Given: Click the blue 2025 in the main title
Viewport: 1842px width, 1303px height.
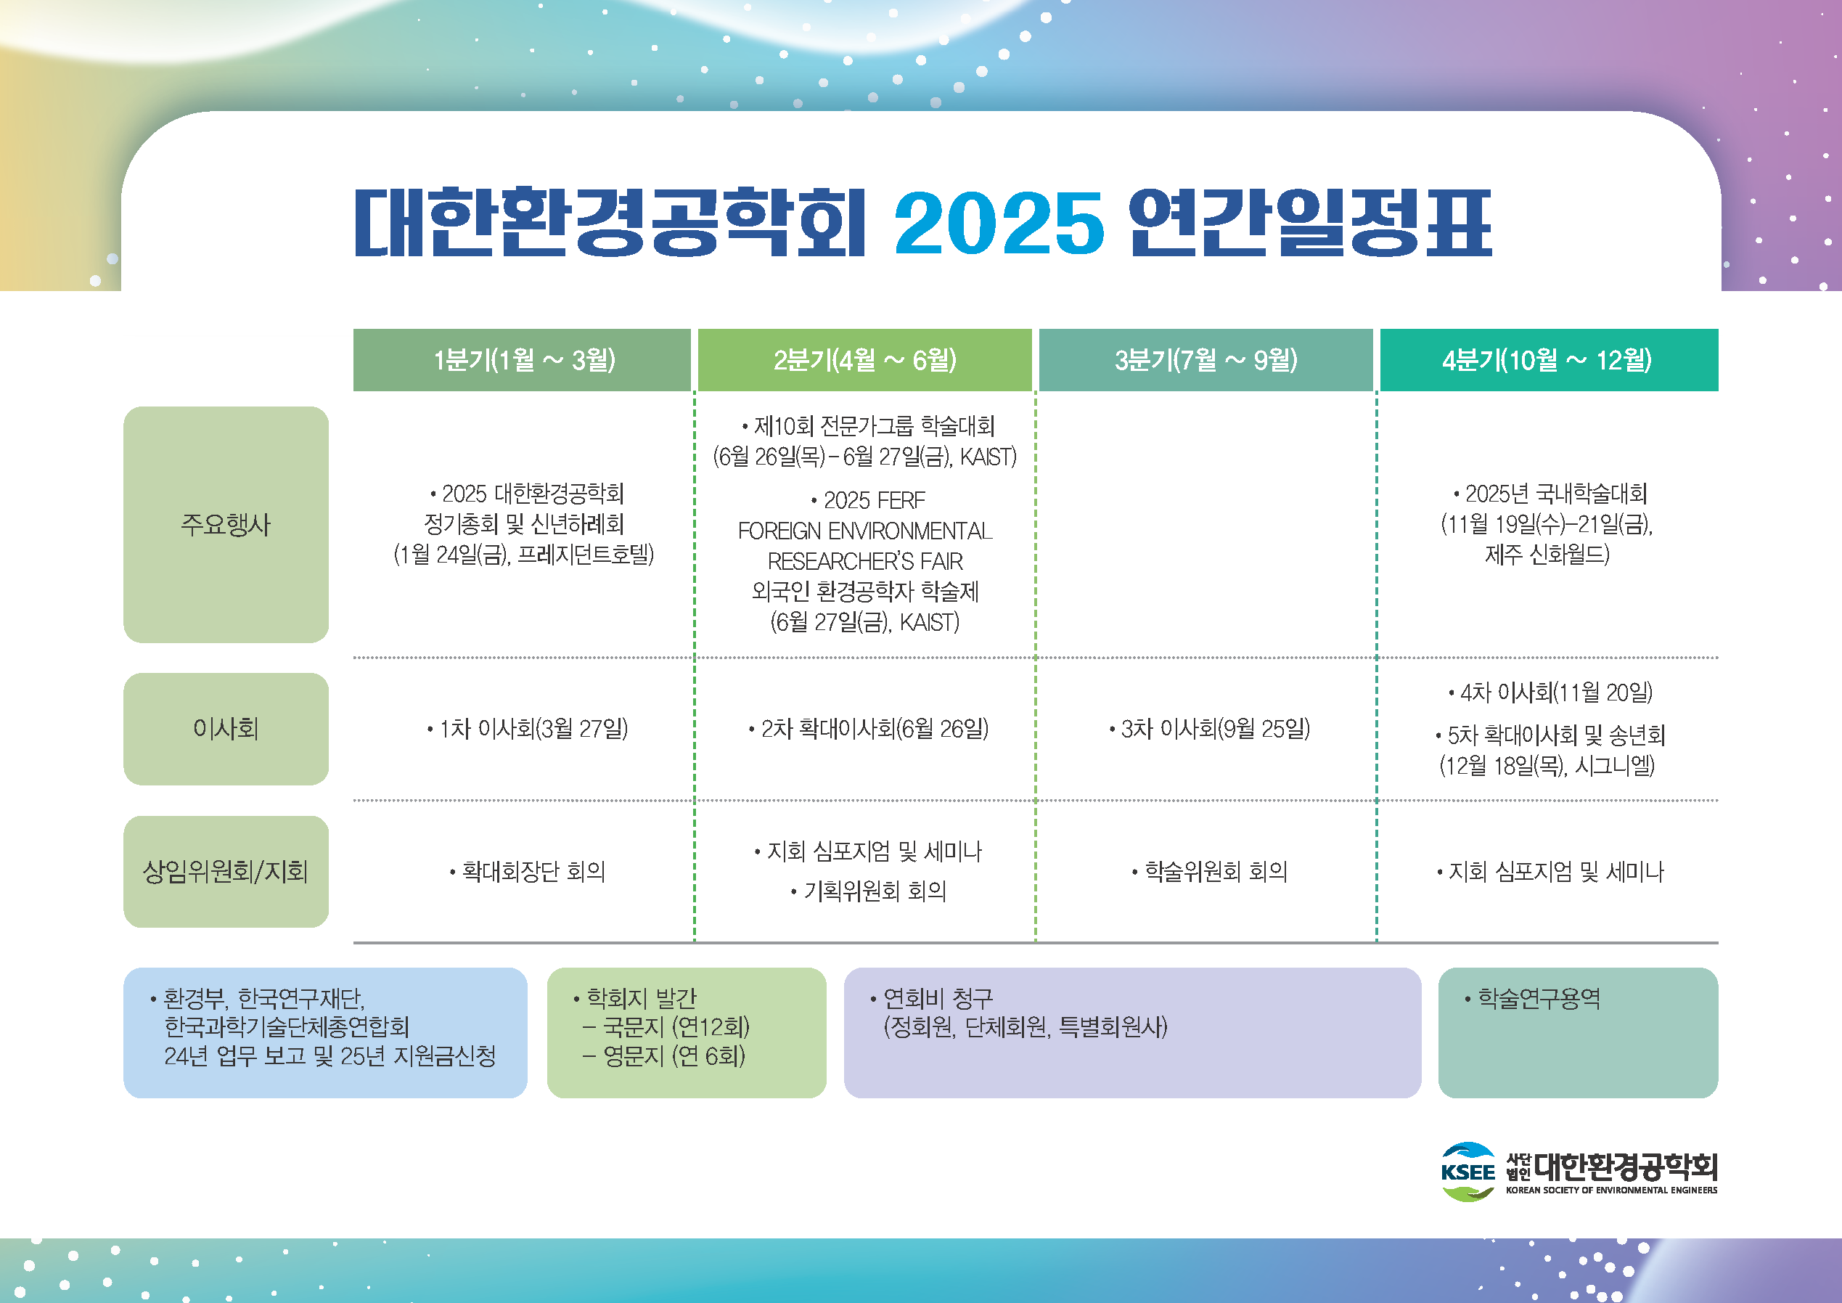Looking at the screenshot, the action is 999,222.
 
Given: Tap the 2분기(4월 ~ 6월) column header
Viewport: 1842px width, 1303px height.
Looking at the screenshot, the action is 865,359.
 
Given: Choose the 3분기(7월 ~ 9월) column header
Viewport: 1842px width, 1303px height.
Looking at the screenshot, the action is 1206,359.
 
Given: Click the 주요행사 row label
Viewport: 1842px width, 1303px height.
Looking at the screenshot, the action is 226,525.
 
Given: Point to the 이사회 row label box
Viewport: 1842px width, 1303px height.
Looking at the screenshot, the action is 226,729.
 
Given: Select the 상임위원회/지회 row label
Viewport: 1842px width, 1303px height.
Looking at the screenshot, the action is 226,871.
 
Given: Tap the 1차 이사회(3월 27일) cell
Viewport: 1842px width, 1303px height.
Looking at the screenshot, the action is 528,729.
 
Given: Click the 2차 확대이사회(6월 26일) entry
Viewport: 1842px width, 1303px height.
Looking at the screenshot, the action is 869,729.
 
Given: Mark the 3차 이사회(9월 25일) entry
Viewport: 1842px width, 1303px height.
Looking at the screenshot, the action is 1210,729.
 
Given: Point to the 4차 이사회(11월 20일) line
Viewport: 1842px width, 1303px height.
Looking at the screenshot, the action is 1551,692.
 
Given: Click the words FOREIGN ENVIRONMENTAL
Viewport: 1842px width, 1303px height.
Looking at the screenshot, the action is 865,531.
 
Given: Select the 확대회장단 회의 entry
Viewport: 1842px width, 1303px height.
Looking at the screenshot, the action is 528,871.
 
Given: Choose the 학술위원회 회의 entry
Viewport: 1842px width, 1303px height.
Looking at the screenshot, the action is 1210,871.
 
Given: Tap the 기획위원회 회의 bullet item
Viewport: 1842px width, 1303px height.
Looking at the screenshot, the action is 869,891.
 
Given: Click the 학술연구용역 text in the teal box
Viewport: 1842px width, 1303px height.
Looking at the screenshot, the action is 1532,998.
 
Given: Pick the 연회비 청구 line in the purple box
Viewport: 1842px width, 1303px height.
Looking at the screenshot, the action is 931,998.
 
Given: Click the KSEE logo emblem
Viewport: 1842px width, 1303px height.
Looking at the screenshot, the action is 1468,1172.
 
